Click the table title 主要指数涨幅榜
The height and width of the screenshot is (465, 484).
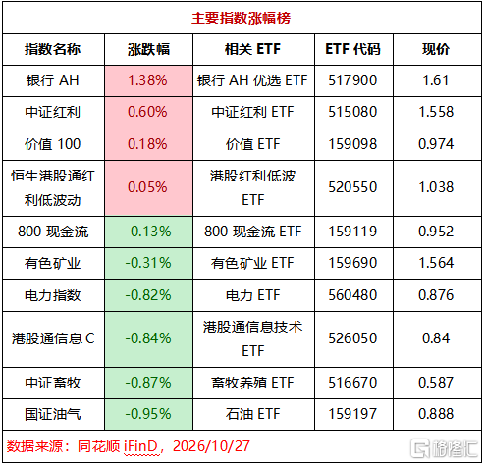coord(241,18)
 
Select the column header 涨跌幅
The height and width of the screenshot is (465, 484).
coord(148,49)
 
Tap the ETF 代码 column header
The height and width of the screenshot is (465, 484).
coord(352,49)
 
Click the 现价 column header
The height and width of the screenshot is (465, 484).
coord(436,49)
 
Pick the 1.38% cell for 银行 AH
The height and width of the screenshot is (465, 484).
coord(147,80)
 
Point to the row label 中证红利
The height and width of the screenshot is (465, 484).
coord(53,112)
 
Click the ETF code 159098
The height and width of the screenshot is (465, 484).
coord(352,144)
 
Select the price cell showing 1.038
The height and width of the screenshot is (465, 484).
coord(436,187)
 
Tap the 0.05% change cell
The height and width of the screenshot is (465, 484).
coord(147,187)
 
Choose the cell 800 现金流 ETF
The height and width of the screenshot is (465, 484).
coord(253,232)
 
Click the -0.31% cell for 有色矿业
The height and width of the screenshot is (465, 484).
coord(148,263)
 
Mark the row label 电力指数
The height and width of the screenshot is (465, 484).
coord(53,295)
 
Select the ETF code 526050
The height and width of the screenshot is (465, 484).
coord(352,338)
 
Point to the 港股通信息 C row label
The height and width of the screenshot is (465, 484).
coord(53,338)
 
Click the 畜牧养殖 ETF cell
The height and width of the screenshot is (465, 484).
coord(252,383)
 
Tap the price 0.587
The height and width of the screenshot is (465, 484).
coord(436,383)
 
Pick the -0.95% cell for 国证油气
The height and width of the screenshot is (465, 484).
coord(148,414)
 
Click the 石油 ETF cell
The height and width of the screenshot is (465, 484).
coord(252,414)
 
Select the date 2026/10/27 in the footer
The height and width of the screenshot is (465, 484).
coord(211,446)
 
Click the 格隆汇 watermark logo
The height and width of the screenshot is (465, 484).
coord(444,448)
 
